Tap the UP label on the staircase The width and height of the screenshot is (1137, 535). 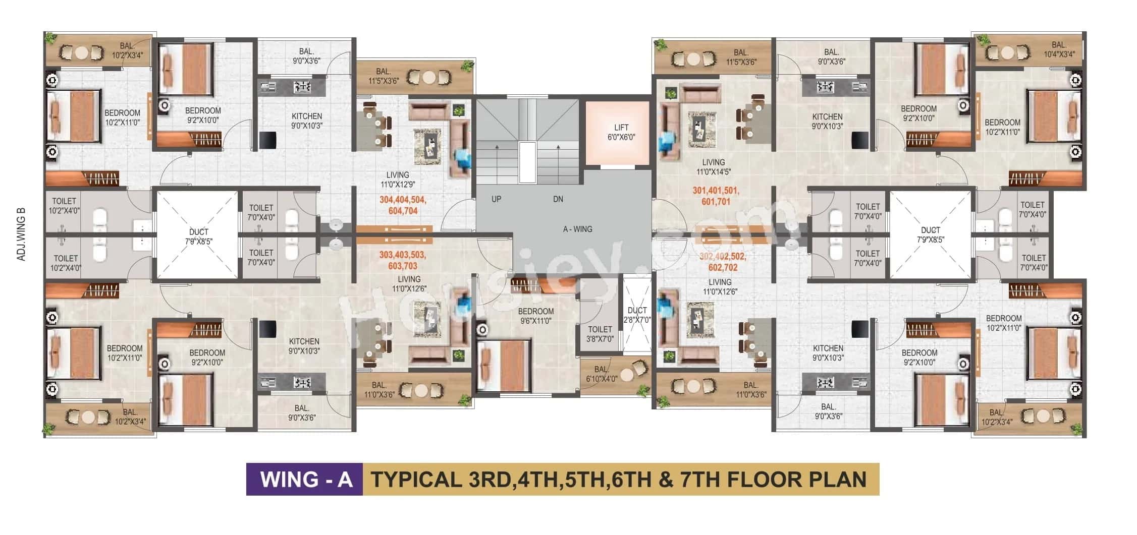point(496,199)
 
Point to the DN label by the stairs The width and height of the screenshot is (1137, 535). point(558,199)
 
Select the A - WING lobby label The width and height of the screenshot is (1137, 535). point(577,229)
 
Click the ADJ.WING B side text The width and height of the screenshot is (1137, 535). point(21,234)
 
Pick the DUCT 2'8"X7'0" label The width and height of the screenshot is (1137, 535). point(637,315)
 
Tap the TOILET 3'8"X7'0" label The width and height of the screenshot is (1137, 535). point(600,334)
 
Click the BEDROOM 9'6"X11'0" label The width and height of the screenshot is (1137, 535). point(535,316)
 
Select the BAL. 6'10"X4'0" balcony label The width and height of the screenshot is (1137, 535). point(601,374)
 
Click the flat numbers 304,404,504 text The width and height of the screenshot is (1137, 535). point(403,200)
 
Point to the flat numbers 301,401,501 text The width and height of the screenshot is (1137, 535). point(716,191)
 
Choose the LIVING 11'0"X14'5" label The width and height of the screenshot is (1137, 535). point(713,167)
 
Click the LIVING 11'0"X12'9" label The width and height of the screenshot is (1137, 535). point(398,180)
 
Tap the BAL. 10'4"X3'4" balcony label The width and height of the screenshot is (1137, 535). point(1059,49)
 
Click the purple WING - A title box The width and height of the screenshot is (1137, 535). point(304,479)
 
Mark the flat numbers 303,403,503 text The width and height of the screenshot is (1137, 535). point(402,255)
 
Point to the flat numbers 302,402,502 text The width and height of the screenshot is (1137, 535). point(723,256)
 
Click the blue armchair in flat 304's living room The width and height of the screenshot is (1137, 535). point(462,156)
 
